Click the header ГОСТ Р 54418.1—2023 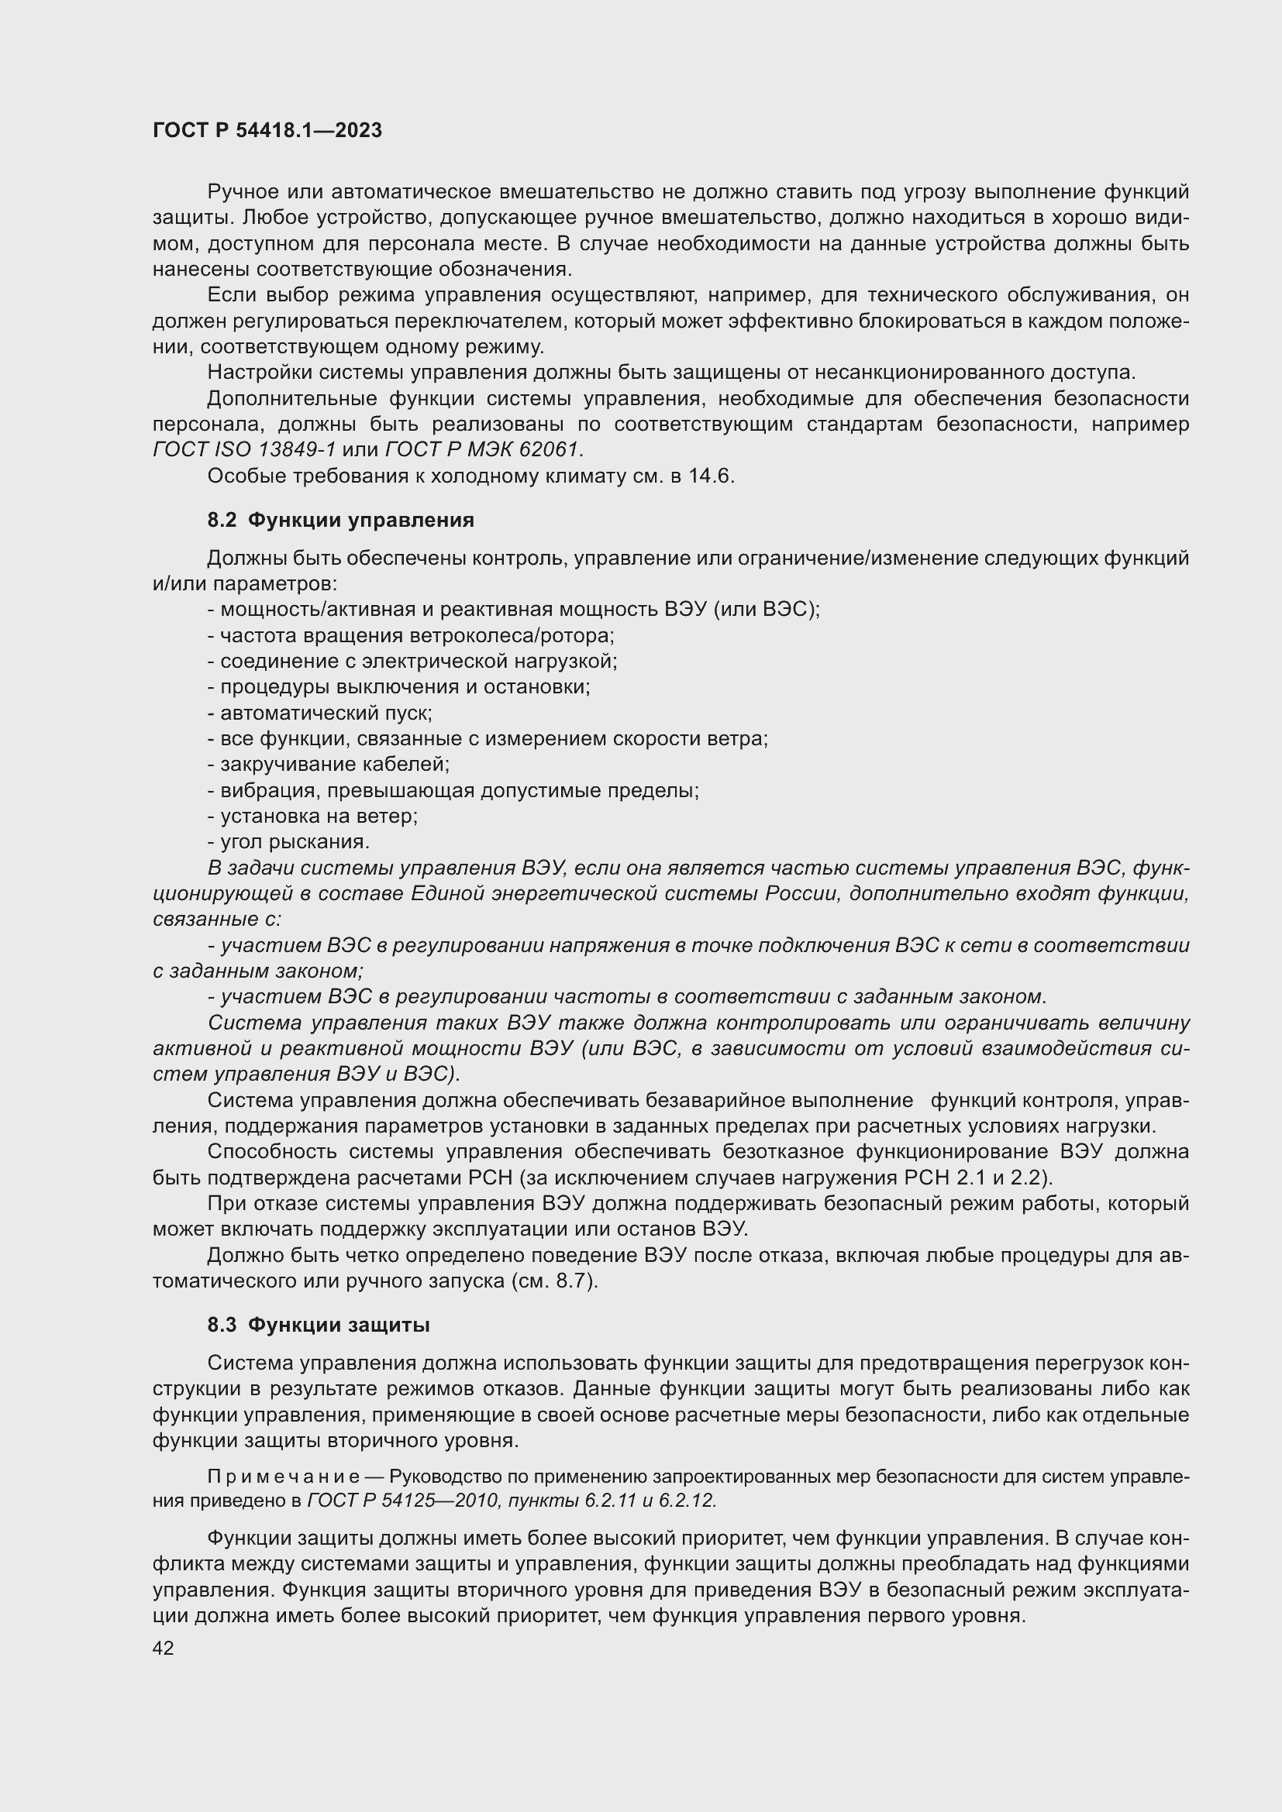coord(267,130)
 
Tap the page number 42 coord(163,1648)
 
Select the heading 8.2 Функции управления coord(340,520)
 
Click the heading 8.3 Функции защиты coord(318,1325)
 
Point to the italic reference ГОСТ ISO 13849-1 coord(244,450)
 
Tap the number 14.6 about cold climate coord(712,476)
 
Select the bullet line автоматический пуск coord(319,713)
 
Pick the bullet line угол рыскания coord(289,841)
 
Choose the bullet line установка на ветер coord(312,816)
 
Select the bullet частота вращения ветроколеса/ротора coord(411,635)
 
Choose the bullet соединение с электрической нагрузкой coord(412,662)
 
